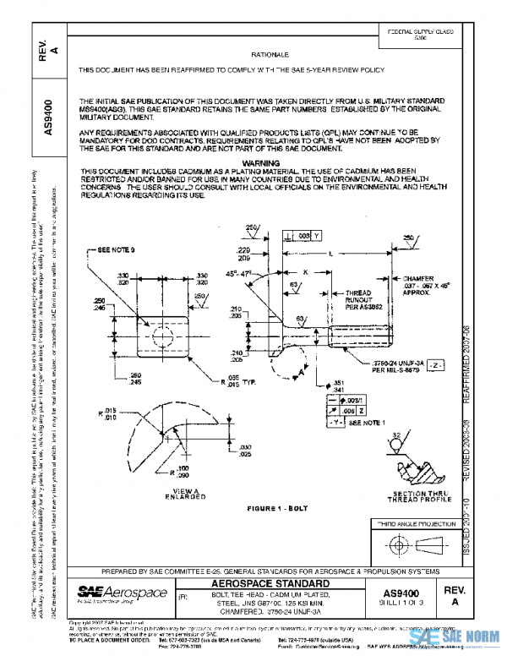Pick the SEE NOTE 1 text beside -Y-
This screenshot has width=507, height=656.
365,420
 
